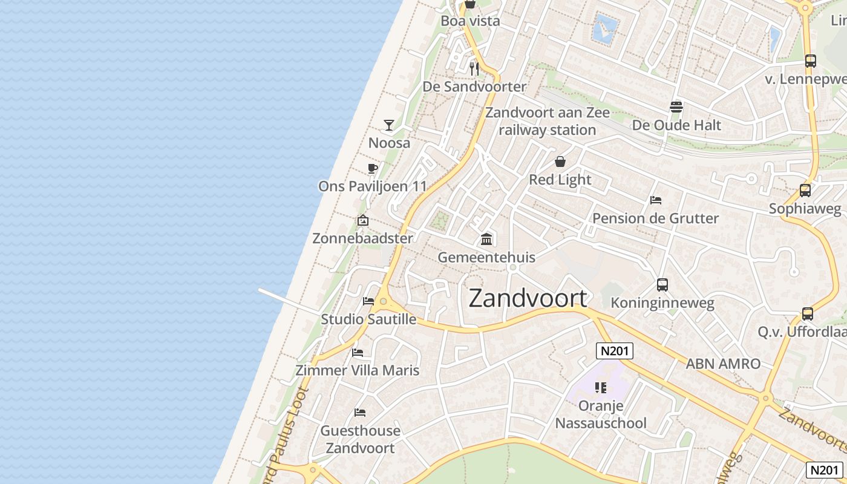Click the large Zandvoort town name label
click(x=528, y=298)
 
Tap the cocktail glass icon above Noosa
click(x=389, y=125)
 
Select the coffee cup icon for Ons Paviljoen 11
click(x=372, y=168)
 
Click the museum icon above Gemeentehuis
click(x=486, y=240)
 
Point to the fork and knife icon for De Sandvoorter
click(x=474, y=68)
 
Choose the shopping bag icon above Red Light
click(x=560, y=162)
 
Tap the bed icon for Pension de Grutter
click(x=655, y=200)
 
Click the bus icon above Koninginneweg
click(x=662, y=285)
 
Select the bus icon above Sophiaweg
click(x=805, y=191)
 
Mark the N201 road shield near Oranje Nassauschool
click(x=614, y=351)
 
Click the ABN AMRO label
click(x=723, y=364)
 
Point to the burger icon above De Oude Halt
click(x=676, y=107)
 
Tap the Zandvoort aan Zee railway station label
click(x=548, y=121)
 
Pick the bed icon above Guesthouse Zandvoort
click(x=360, y=413)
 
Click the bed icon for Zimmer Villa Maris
click(x=358, y=352)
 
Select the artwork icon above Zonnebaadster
click(x=363, y=221)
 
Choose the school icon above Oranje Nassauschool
click(x=601, y=387)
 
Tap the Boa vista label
click(x=470, y=21)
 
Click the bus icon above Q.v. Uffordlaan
click(x=808, y=314)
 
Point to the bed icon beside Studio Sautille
click(x=368, y=301)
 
